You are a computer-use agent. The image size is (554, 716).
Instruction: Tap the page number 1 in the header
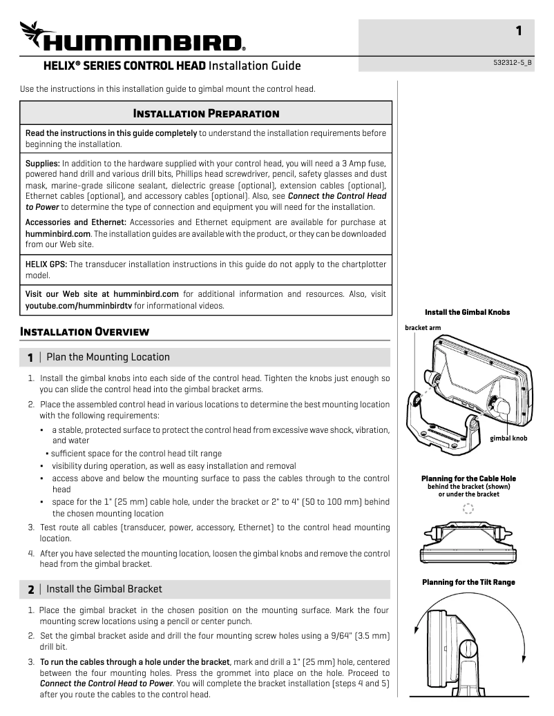[519, 30]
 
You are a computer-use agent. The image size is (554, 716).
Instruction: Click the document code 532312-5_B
[513, 62]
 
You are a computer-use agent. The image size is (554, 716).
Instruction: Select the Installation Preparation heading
[206, 113]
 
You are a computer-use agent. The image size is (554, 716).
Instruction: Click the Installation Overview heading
[85, 331]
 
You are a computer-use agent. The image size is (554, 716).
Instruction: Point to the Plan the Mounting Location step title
[108, 357]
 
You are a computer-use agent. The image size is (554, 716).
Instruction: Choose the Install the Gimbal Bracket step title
[104, 589]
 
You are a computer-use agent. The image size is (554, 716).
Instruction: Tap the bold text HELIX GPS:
[46, 264]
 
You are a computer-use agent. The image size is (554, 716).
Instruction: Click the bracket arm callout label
[423, 327]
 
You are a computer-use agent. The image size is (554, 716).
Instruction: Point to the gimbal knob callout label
[508, 438]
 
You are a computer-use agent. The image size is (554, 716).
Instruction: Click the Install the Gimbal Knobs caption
[468, 312]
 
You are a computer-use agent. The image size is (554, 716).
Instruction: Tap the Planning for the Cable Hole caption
[468, 478]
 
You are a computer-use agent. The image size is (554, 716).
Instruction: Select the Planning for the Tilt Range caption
[468, 582]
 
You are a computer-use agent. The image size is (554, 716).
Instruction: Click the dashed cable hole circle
[468, 509]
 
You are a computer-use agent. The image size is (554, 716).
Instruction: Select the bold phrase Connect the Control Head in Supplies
[337, 196]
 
